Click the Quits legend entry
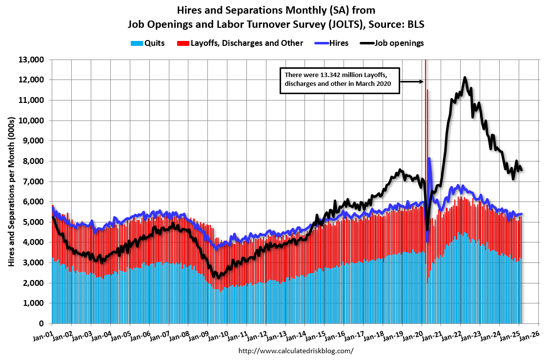pyautogui.click(x=148, y=43)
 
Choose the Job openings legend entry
pyautogui.click(x=393, y=43)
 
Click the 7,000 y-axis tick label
pyautogui.click(x=34, y=181)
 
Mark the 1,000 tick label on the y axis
pyautogui.click(x=34, y=303)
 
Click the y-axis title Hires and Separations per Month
pyautogui.click(x=11, y=191)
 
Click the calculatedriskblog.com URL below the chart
pyautogui.click(x=296, y=351)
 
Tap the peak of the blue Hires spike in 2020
pyautogui.click(x=429, y=158)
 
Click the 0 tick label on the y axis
pyautogui.click(x=42, y=323)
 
